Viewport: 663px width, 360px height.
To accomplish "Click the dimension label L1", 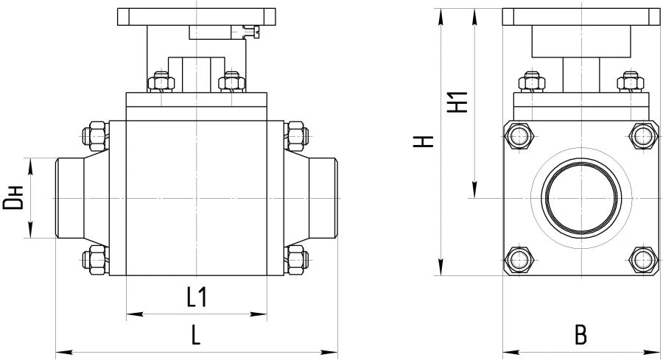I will (x=196, y=297).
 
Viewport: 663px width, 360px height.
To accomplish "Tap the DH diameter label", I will (x=13, y=198).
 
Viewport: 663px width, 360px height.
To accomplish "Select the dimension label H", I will (x=423, y=141).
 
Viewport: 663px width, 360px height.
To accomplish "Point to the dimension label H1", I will (x=459, y=102).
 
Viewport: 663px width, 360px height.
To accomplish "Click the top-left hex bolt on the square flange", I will (x=522, y=136).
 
